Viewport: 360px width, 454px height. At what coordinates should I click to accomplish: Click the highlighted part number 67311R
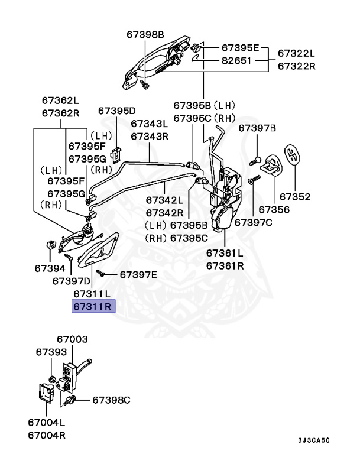(x=94, y=307)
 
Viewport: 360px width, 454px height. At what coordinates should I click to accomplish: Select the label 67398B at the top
(x=145, y=35)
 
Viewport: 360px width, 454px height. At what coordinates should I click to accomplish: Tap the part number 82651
(x=236, y=60)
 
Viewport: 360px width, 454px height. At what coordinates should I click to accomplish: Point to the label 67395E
(x=240, y=47)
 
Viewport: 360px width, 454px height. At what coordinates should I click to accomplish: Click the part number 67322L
(x=296, y=54)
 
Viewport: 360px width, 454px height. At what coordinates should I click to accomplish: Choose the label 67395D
(x=116, y=111)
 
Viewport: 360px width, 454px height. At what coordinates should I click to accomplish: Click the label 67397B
(x=257, y=128)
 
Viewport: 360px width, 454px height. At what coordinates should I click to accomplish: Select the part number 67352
(x=294, y=196)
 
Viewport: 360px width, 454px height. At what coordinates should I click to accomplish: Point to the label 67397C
(x=253, y=222)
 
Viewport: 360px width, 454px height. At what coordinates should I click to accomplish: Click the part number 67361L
(x=225, y=253)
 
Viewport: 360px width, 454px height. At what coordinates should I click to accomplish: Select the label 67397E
(x=138, y=274)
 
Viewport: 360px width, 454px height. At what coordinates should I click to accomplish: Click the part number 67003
(x=73, y=339)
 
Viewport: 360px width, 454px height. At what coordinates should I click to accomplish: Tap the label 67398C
(x=111, y=400)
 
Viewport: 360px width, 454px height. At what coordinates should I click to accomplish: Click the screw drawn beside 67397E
(x=102, y=274)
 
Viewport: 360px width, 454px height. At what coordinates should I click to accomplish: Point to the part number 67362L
(x=60, y=100)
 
